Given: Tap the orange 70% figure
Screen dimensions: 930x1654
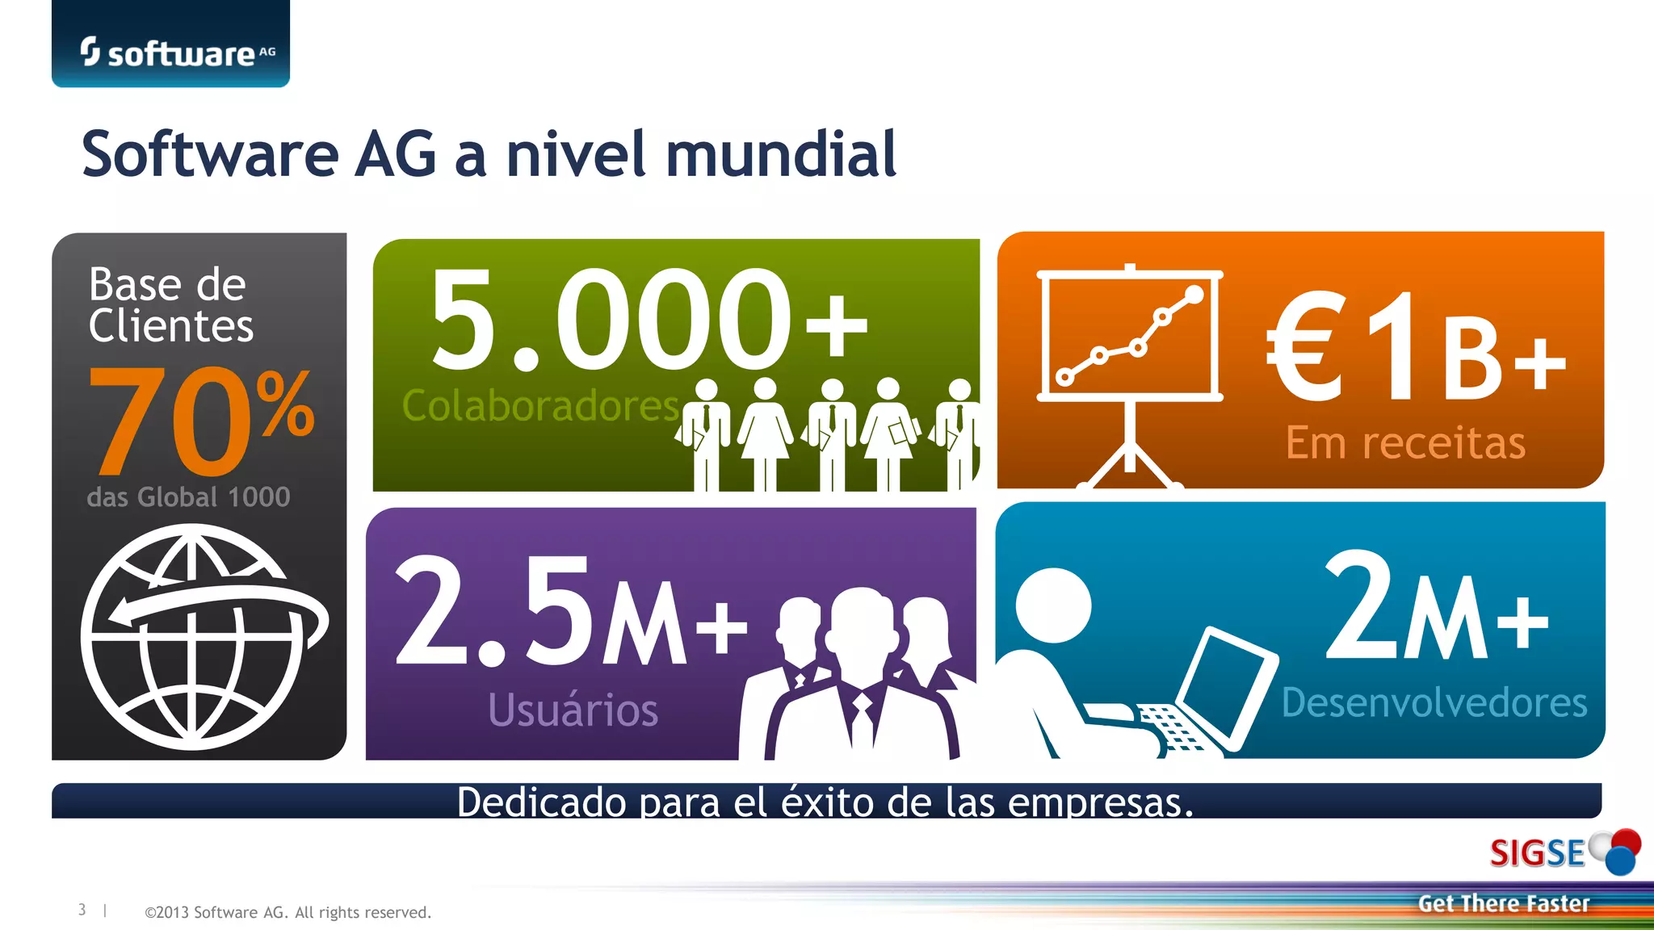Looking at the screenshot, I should [x=200, y=421].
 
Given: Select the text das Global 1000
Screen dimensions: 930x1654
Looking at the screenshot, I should [x=188, y=496].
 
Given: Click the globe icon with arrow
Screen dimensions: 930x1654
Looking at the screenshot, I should [x=202, y=637].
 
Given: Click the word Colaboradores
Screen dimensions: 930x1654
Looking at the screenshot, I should [x=540, y=405].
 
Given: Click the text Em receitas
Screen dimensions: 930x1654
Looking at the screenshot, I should [x=1405, y=442].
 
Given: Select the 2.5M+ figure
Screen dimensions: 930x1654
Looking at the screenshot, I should [x=570, y=612].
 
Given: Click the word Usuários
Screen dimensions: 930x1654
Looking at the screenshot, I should [x=573, y=710].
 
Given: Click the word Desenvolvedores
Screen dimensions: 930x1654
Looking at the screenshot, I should [x=1434, y=702].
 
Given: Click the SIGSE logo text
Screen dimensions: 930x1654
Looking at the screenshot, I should [x=1537, y=853].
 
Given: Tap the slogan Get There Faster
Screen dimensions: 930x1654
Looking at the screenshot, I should [x=1503, y=903].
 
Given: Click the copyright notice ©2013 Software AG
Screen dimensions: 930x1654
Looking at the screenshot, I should [x=288, y=912].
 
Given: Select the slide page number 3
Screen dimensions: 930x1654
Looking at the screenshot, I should [x=82, y=910].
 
